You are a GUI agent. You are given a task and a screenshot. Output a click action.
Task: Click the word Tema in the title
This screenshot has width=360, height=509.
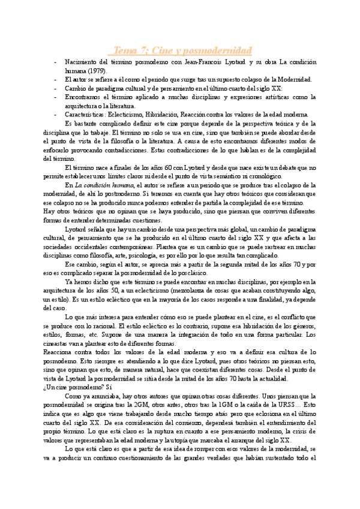pos(127,49)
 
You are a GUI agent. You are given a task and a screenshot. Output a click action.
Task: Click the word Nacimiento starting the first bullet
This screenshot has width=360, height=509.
pos(82,62)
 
